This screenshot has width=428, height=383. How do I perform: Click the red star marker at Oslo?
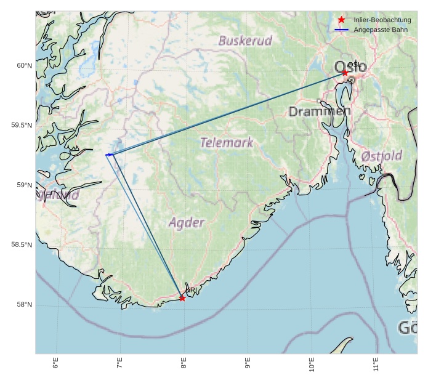point(345,73)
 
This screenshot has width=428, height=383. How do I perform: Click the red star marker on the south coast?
point(182,298)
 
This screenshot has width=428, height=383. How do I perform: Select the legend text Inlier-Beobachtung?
point(382,20)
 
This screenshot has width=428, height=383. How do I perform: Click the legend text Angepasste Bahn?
point(380,30)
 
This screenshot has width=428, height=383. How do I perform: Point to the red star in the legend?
point(341,20)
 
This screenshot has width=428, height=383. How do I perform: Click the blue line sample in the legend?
point(341,30)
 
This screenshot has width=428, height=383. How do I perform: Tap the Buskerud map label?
point(245,41)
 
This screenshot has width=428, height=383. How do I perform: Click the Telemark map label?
point(227,143)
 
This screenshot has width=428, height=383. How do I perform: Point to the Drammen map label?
point(319,111)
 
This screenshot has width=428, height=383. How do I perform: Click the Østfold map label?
point(382,155)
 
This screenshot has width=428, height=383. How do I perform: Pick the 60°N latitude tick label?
point(23,66)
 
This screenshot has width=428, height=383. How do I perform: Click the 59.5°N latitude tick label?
point(21,126)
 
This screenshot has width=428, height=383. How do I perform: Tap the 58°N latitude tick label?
point(23,305)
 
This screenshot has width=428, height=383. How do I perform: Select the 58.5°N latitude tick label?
point(21,245)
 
